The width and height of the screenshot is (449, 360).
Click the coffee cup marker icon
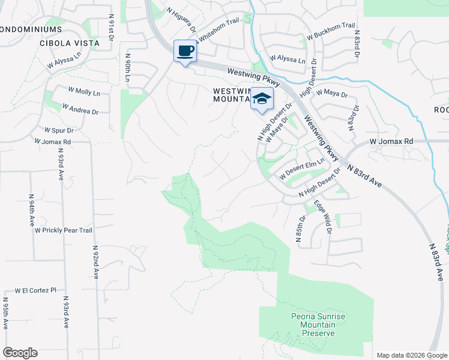pyautogui.click(x=185, y=51)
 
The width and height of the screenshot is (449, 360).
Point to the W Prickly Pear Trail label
pyautogui.click(x=63, y=230)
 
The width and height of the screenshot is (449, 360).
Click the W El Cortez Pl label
pyautogui.click(x=35, y=289)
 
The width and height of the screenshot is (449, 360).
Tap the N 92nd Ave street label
pyautogui.click(x=95, y=262)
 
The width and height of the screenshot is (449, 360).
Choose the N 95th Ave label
pyautogui.click(x=5, y=313)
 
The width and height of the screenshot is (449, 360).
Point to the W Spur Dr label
pyautogui.click(x=59, y=130)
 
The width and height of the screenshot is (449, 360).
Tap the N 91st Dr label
pyautogui.click(x=112, y=30)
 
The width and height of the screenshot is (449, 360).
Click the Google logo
pyautogui.click(x=20, y=353)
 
